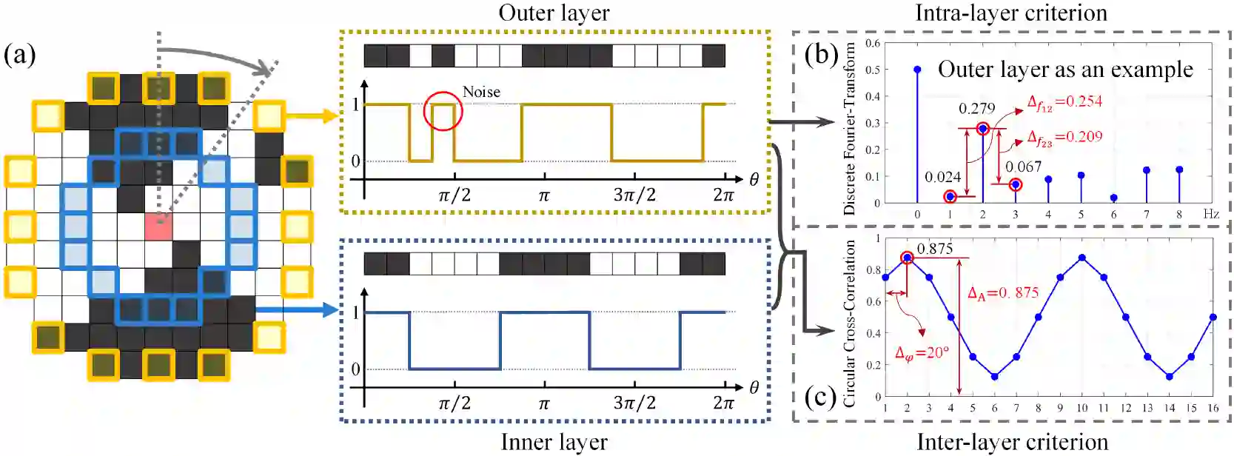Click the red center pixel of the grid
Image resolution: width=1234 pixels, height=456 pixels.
(x=158, y=226)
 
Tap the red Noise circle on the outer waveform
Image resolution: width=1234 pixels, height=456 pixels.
(x=443, y=111)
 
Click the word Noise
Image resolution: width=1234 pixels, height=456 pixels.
(x=481, y=92)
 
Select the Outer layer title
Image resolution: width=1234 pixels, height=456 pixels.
(x=554, y=13)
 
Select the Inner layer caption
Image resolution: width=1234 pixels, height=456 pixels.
(x=554, y=442)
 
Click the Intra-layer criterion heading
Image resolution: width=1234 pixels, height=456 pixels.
(x=1011, y=13)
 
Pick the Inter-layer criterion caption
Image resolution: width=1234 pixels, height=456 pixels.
(x=1012, y=442)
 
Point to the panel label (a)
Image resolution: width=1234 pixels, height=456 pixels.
(x=20, y=54)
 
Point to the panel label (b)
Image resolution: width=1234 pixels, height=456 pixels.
(x=821, y=54)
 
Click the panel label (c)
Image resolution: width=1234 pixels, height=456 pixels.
(x=821, y=398)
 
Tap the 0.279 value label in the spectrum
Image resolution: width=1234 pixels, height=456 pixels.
(x=976, y=109)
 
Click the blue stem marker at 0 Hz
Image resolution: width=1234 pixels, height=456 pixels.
(x=917, y=70)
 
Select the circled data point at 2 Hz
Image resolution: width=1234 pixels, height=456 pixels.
(x=983, y=129)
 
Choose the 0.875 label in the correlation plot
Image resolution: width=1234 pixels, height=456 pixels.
(x=935, y=249)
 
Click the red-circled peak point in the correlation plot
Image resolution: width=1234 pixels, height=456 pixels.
(x=908, y=258)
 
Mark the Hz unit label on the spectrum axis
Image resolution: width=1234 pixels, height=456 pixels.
(x=1211, y=214)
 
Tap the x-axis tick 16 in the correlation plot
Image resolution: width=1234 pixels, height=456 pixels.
(x=1213, y=408)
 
